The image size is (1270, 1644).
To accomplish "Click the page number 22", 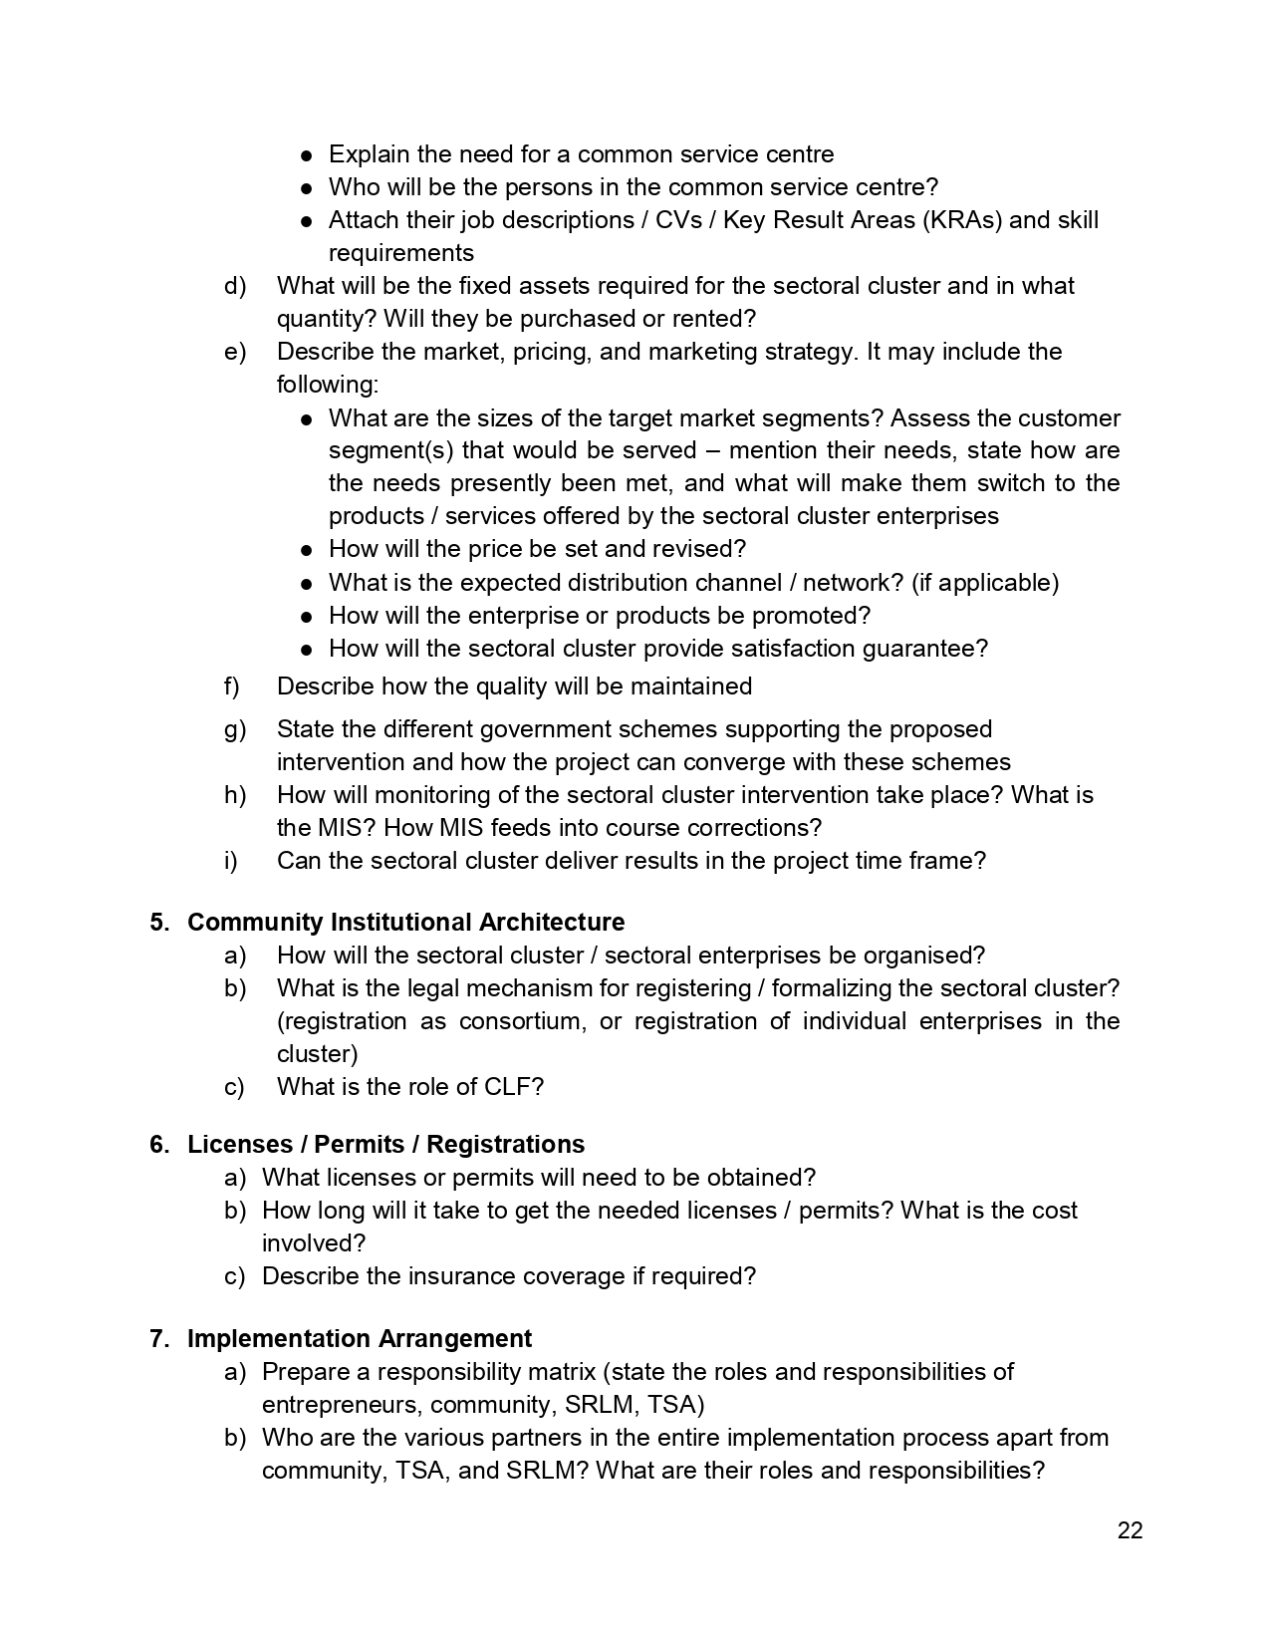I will [x=1130, y=1531].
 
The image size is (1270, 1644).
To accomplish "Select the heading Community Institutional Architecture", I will [x=405, y=923].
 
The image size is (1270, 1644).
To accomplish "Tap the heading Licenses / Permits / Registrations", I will [x=385, y=1145].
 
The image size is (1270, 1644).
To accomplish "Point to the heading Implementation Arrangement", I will [x=359, y=1339].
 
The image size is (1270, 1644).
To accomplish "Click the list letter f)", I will [x=232, y=686].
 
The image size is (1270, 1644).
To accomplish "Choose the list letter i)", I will [x=231, y=861].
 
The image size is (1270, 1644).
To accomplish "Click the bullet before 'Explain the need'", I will [x=308, y=155].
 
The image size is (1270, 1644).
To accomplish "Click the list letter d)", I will [x=234, y=286].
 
